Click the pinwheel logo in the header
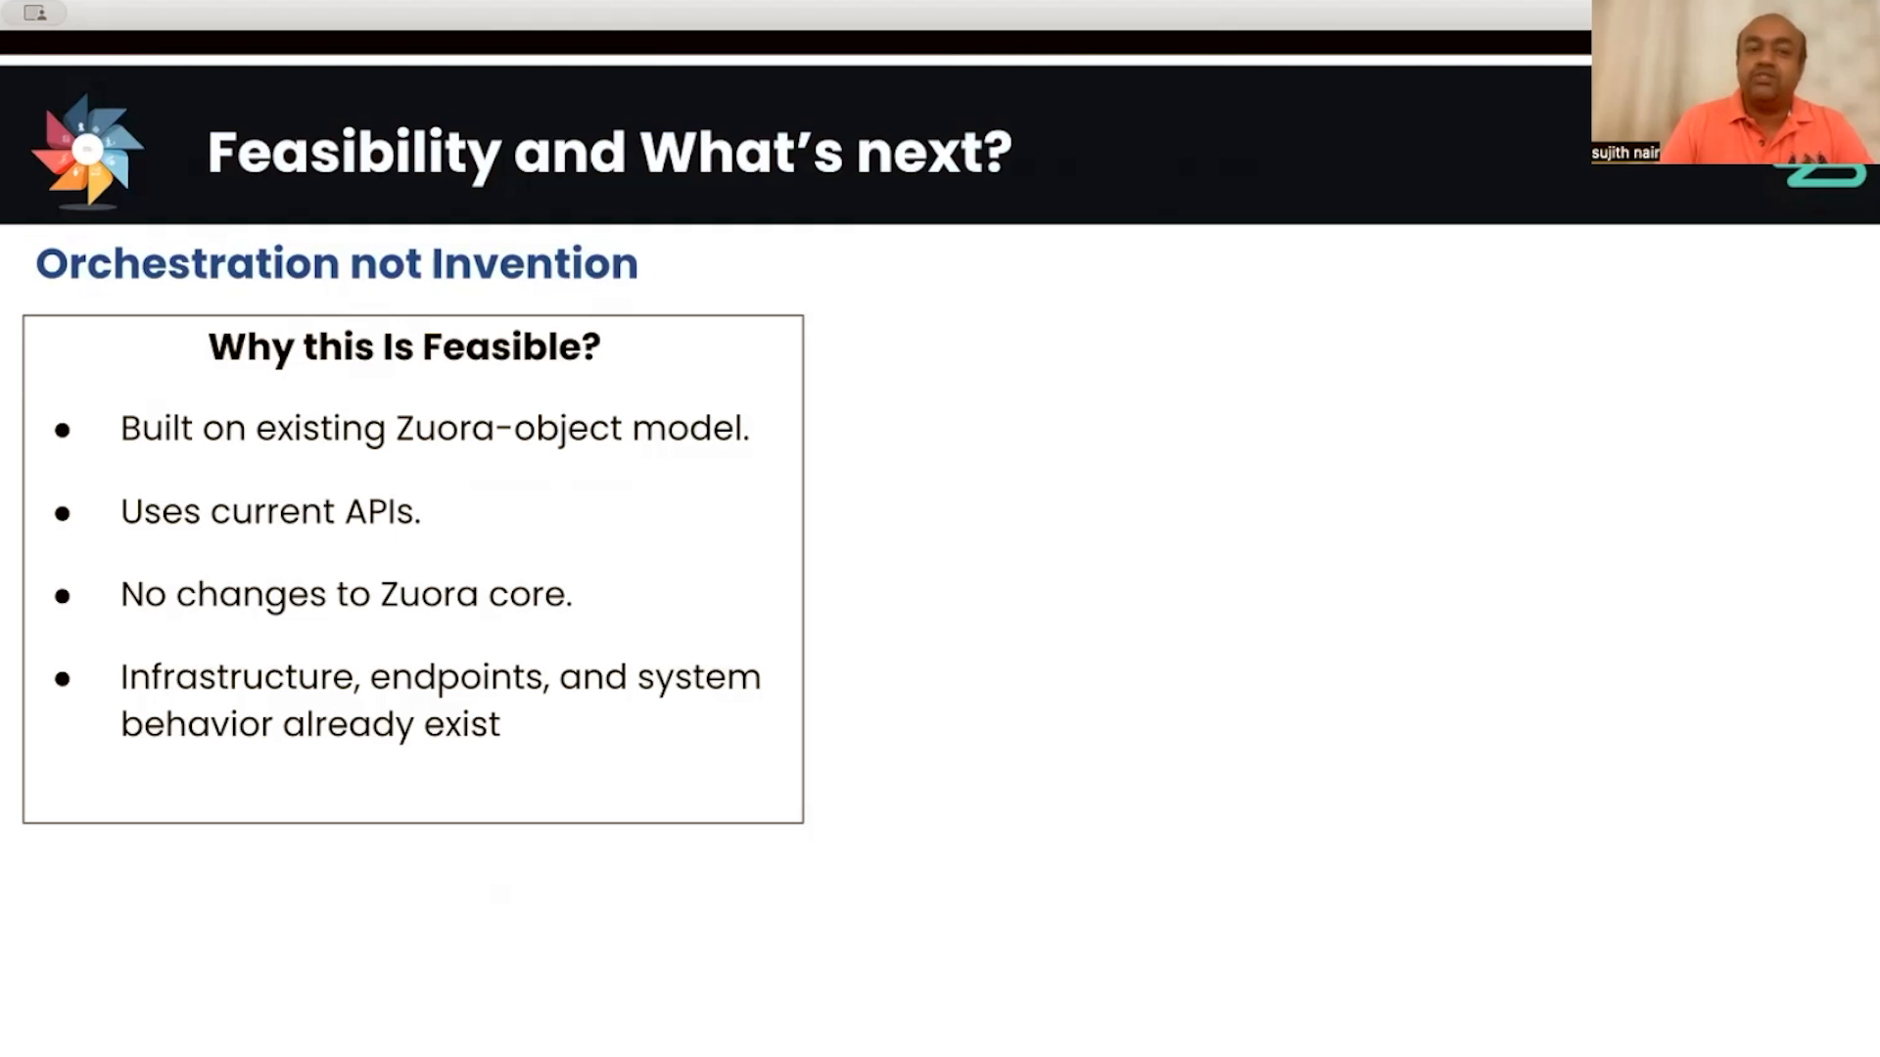[88, 151]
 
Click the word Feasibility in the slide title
[354, 153]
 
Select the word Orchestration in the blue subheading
[188, 263]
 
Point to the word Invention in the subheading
[535, 263]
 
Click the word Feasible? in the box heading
[511, 346]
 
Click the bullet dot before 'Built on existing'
[63, 430]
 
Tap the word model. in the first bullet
[691, 429]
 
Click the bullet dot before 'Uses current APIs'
[63, 513]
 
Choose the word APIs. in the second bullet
[383, 512]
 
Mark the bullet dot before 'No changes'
[63, 596]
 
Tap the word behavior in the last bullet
[197, 724]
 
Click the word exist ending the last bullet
[462, 724]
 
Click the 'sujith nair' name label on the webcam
[1625, 153]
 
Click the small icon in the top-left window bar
[35, 13]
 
